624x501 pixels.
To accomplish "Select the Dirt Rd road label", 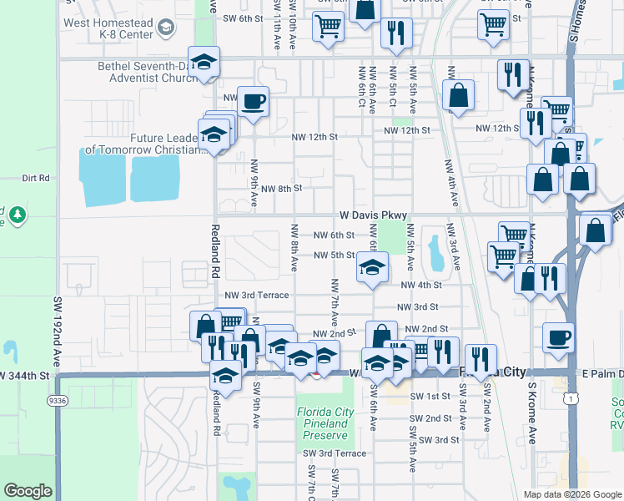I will (x=36, y=178).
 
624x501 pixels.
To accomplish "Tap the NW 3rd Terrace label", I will (x=256, y=296).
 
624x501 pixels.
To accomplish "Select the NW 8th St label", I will (x=279, y=189).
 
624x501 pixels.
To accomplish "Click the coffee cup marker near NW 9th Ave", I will (x=253, y=102).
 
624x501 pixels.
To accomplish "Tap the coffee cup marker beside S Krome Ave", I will (x=558, y=337).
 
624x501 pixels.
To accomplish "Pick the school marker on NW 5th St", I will (x=372, y=268).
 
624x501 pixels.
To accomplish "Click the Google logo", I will (x=28, y=491).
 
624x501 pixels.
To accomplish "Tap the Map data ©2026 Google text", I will (x=571, y=494).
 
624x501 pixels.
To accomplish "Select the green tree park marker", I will (x=17, y=215).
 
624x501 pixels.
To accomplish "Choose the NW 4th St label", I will (x=420, y=285).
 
